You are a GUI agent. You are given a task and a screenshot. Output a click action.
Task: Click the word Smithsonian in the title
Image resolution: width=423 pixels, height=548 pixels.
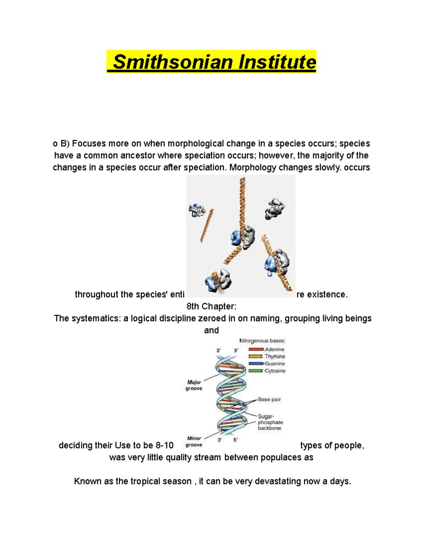(173, 62)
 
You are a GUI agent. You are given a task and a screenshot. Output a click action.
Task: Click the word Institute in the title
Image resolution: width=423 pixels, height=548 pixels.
(277, 62)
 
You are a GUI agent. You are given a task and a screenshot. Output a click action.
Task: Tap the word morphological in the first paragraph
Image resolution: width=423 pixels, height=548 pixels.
(196, 144)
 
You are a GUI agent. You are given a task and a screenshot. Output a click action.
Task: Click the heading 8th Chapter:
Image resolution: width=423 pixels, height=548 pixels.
(211, 306)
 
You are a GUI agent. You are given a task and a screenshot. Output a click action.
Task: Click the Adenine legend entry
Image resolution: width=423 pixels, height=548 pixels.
(274, 349)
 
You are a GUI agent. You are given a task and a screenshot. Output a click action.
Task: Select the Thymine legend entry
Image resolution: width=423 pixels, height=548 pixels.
(275, 356)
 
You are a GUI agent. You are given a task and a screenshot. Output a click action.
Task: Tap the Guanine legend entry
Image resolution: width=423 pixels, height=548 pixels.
(275, 363)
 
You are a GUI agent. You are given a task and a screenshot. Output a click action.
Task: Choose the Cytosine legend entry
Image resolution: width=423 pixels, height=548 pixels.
(275, 371)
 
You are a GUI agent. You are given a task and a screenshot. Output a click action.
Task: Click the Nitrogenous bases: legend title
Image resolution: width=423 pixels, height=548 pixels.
(262, 341)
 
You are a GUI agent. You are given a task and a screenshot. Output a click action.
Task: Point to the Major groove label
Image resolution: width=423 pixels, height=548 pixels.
(194, 385)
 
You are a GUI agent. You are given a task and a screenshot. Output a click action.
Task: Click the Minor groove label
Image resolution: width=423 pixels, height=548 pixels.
(194, 441)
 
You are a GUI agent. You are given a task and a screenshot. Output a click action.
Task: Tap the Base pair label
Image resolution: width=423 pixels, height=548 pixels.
(269, 399)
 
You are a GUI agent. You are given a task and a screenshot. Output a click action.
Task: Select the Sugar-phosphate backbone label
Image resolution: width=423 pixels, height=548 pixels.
(270, 422)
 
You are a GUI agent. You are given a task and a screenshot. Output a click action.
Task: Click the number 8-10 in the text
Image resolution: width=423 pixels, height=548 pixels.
(165, 446)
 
